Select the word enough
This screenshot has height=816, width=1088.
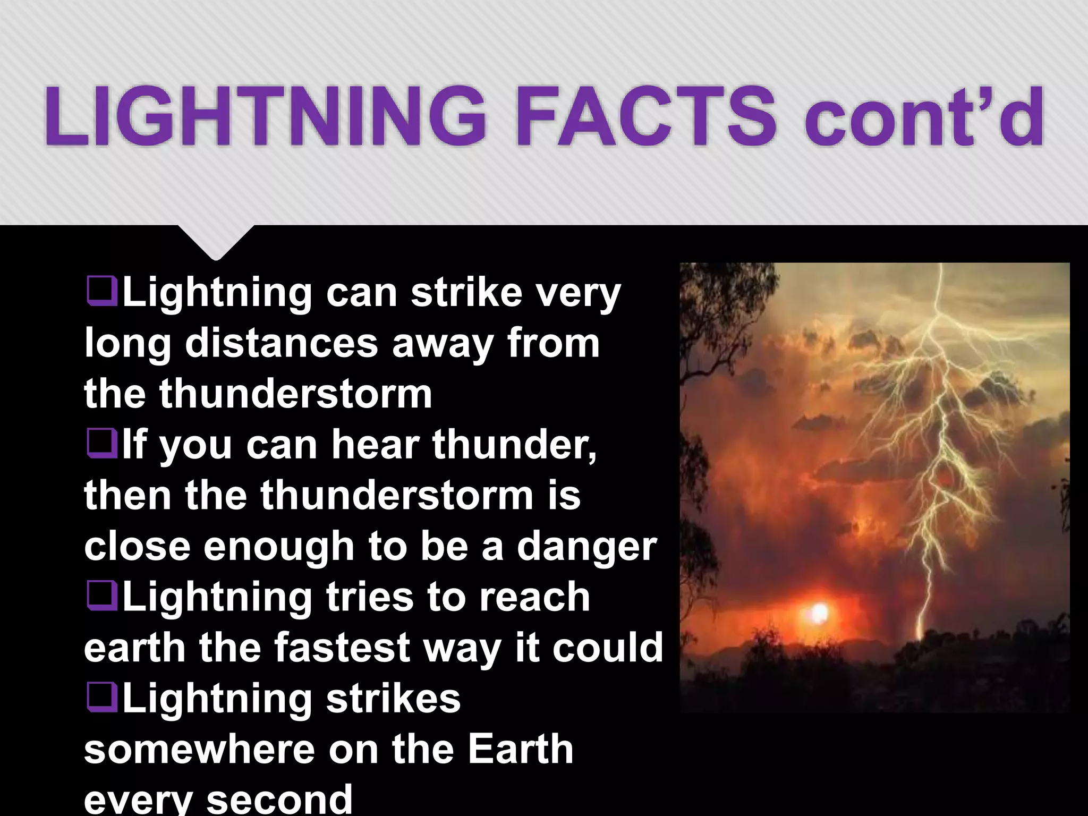[279, 547]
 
